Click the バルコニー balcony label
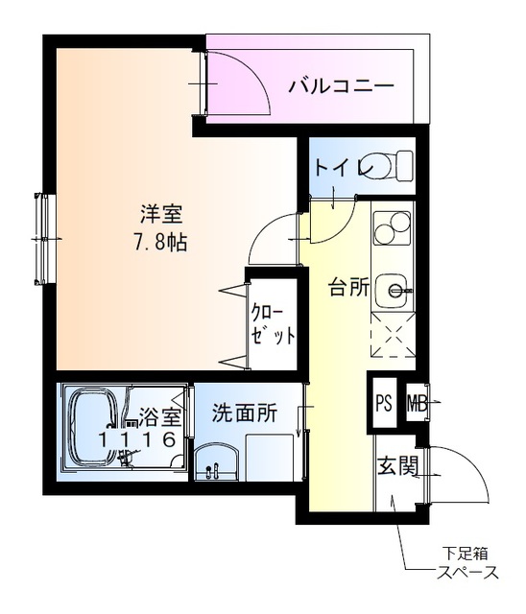tap(341, 86)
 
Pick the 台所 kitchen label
tap(347, 287)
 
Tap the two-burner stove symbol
tap(391, 229)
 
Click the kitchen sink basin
tap(392, 287)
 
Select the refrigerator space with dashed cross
tap(392, 336)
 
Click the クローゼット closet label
tap(272, 324)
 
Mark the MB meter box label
tap(416, 402)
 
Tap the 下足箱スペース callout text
tap(468, 563)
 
